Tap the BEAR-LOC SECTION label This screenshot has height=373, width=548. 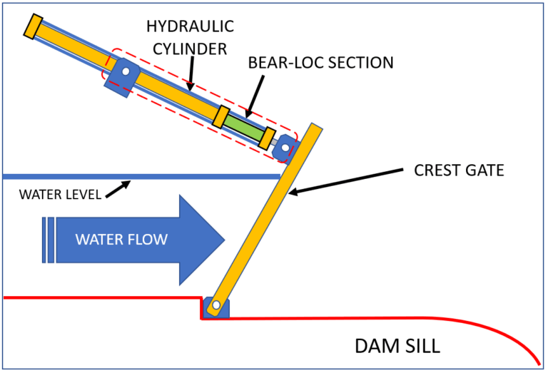(x=320, y=63)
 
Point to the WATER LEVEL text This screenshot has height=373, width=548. (x=60, y=194)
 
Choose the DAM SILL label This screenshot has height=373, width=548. (x=397, y=347)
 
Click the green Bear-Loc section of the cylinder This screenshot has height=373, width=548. (x=245, y=128)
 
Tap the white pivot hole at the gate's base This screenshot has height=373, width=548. (x=213, y=307)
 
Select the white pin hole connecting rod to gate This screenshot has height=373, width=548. (x=285, y=148)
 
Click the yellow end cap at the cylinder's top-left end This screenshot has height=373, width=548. (x=32, y=26)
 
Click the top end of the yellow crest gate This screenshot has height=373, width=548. (x=315, y=129)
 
